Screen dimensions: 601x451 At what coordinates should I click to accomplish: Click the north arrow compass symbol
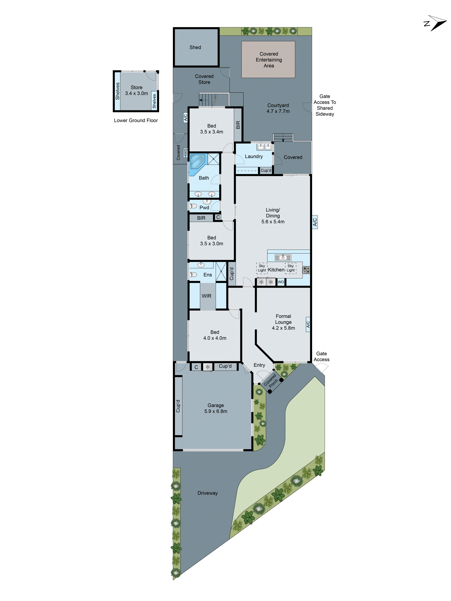(x=436, y=23)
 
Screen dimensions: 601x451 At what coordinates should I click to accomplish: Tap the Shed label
(x=195, y=47)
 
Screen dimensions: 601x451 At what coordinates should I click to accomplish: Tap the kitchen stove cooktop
(x=306, y=270)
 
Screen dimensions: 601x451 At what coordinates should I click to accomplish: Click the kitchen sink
(x=283, y=257)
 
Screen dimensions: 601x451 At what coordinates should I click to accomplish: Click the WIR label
(x=207, y=296)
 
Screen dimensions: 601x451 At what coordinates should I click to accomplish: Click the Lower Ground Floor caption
(x=136, y=120)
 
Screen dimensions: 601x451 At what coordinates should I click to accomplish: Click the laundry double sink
(x=264, y=147)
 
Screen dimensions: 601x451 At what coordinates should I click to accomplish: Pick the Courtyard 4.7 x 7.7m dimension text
(x=278, y=111)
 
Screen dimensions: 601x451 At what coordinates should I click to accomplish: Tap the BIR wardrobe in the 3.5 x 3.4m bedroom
(x=238, y=125)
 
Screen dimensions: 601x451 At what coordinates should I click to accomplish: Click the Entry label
(x=259, y=365)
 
